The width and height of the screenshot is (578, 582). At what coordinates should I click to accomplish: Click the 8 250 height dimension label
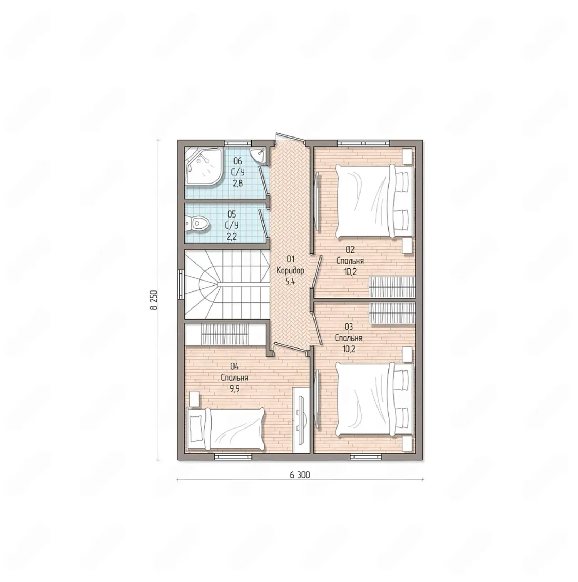154,300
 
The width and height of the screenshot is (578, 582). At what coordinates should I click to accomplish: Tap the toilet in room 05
197,224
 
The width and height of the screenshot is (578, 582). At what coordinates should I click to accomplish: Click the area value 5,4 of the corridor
290,282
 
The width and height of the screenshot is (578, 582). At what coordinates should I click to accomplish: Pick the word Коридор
290,271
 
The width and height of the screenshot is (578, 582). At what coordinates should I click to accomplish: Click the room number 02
350,250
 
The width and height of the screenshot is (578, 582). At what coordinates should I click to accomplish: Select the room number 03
349,327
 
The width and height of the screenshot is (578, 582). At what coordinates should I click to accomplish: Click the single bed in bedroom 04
226,429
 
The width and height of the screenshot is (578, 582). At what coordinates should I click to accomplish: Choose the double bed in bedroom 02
374,201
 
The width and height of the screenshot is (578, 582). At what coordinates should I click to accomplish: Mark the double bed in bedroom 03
374,399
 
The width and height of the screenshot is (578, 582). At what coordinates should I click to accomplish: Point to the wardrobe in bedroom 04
225,334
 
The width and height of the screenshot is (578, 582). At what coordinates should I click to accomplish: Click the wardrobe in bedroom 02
392,287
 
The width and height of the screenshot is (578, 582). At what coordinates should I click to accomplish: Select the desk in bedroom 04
302,420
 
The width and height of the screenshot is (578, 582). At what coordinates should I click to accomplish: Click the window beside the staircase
181,284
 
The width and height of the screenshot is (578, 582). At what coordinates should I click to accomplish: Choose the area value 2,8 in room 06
237,184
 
